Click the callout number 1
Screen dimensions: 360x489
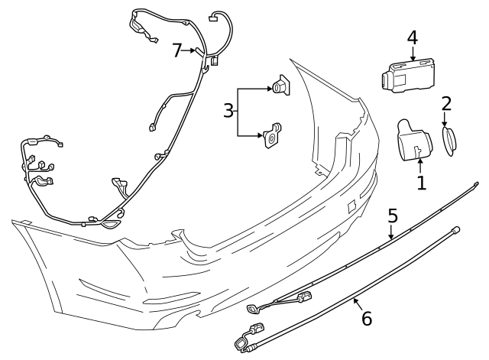(420, 183)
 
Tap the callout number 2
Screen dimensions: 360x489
(447, 103)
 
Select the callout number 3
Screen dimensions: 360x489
(228, 111)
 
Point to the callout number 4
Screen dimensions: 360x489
(413, 37)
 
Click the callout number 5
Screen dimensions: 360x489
(393, 216)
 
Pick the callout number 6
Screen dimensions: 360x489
(367, 318)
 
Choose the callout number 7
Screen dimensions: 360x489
(177, 50)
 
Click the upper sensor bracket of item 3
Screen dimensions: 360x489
(280, 89)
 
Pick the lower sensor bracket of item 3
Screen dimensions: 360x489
(271, 135)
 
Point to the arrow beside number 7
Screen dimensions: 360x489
(191, 50)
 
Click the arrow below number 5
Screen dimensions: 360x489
(392, 232)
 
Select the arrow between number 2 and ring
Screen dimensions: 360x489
(446, 119)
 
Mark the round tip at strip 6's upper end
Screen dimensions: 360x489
(456, 228)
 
